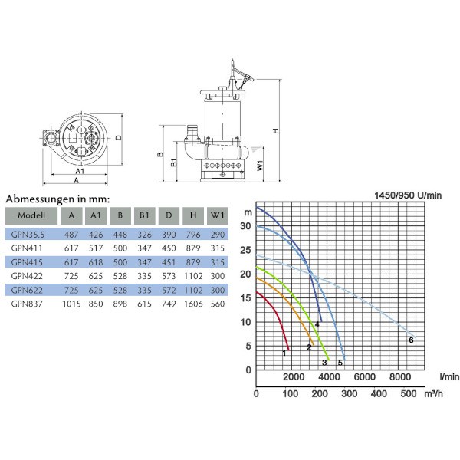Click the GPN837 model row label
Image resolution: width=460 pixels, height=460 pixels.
point(27,304)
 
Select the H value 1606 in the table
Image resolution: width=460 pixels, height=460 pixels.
point(193,304)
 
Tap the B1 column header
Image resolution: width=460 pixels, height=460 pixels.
point(144,215)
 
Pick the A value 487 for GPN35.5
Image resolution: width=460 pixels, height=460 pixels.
point(71,235)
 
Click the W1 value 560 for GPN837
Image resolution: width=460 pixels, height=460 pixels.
point(218,304)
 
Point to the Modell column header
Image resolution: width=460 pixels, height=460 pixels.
point(31,215)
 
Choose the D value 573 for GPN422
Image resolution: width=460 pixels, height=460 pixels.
point(169,276)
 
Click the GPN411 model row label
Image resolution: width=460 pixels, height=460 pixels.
point(27,248)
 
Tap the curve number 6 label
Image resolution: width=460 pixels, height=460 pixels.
point(411,340)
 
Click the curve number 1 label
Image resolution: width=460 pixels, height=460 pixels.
point(284,353)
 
